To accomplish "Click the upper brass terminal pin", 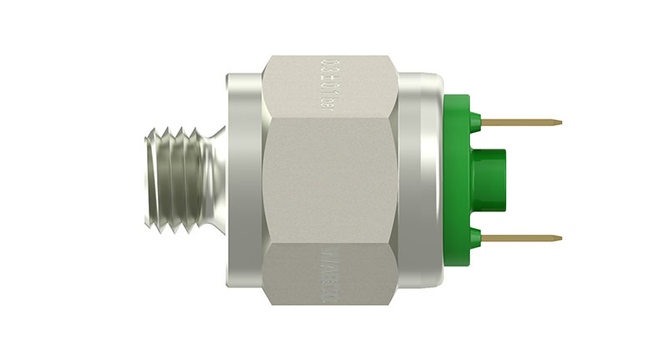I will [x=522, y=123].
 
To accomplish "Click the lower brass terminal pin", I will [x=522, y=238].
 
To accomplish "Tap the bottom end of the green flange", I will [x=456, y=261].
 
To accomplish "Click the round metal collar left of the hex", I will [x=243, y=180].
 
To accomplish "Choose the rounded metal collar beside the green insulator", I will [x=421, y=180].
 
